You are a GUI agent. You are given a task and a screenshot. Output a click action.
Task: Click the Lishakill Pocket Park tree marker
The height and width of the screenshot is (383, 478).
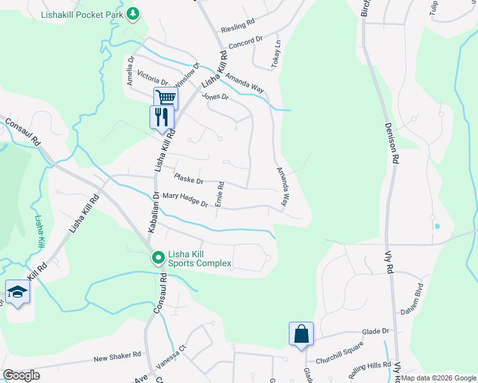[132, 13]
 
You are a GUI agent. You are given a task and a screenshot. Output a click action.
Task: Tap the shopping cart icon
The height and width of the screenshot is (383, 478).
[166, 98]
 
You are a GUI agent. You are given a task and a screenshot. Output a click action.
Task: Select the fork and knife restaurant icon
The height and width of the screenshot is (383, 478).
[161, 117]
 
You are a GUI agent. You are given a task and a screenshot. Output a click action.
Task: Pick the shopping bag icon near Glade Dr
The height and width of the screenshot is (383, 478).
[301, 334]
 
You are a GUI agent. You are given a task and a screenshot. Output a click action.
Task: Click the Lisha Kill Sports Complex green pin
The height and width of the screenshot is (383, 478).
[158, 258]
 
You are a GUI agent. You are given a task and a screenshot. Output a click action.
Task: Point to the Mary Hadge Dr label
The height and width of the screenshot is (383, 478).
[185, 200]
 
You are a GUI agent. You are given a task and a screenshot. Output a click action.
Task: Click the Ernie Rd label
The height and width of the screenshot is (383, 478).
[219, 193]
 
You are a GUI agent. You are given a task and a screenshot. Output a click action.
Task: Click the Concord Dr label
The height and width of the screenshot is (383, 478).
[246, 42]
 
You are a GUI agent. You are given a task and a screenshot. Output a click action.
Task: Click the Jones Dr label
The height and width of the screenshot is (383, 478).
[215, 96]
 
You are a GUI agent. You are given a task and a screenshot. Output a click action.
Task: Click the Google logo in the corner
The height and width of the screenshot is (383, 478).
[21, 375]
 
